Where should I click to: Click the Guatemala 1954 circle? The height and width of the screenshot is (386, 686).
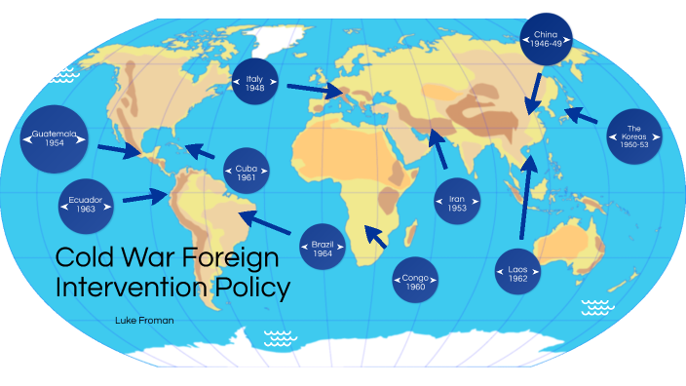click(x=54, y=138)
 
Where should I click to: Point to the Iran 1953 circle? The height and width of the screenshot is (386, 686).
click(x=457, y=203)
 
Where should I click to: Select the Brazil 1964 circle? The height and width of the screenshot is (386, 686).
click(x=324, y=246)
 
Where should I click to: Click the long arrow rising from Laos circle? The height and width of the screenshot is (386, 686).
click(x=526, y=195)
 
